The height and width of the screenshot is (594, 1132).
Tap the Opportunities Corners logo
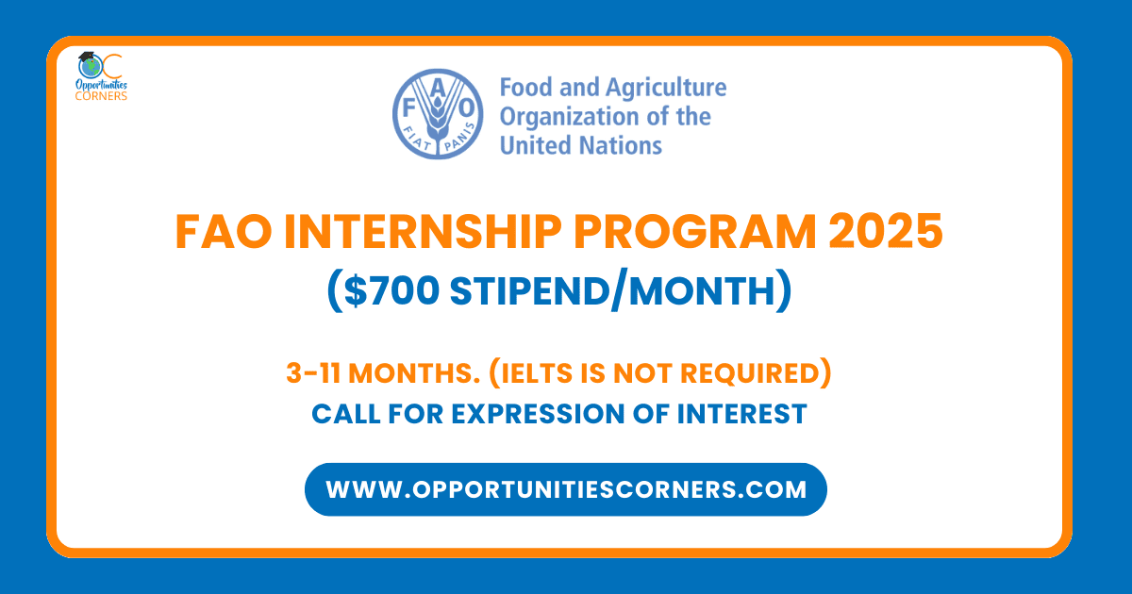pos(101,76)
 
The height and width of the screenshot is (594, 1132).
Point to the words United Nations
pos(580,145)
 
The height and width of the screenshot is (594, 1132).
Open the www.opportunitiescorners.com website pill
pos(565,489)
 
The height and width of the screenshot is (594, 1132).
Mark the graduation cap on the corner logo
pos(87,58)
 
